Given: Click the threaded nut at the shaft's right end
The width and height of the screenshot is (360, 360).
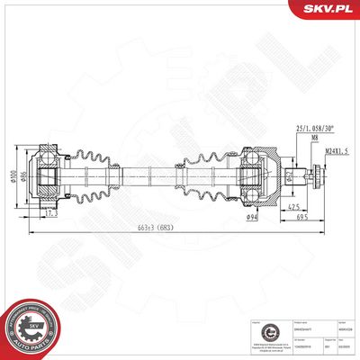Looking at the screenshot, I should coord(317,177).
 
